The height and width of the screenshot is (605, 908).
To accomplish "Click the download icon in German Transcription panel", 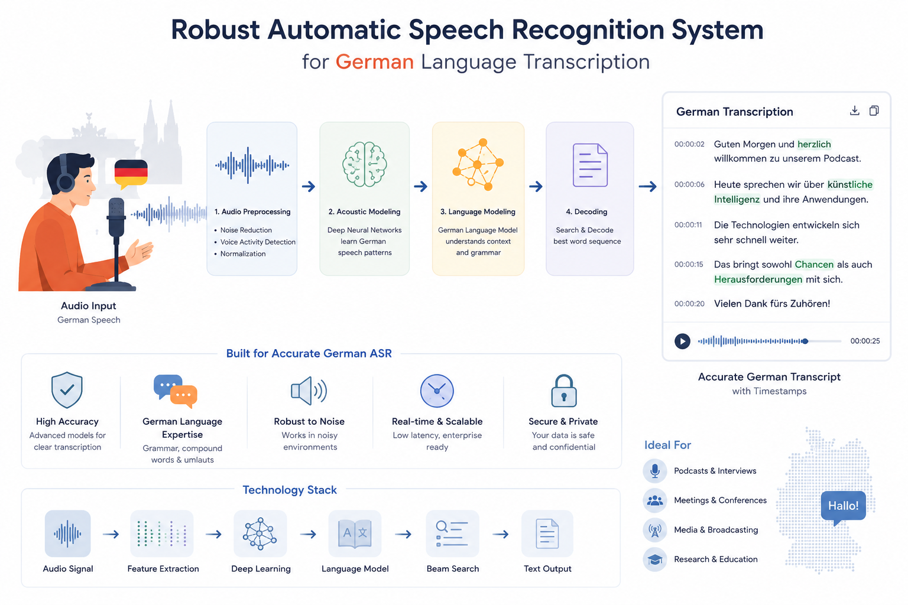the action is click(854, 110).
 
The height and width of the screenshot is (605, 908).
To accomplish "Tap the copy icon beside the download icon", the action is click(874, 110).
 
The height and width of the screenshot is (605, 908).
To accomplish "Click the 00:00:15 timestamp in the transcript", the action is click(689, 264).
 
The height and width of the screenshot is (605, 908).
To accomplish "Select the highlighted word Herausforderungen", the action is click(758, 279).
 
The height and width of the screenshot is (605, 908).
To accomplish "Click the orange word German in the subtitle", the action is click(375, 62).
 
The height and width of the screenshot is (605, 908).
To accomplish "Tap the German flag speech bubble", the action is click(131, 174).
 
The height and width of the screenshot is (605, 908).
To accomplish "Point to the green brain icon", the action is click(364, 164).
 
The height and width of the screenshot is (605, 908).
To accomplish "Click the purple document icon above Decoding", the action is click(590, 165).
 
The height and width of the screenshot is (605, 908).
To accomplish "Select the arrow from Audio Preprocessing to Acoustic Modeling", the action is click(309, 186).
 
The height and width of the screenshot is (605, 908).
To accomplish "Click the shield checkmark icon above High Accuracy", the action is click(67, 390).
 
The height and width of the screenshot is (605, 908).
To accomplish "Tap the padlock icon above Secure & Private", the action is click(563, 391).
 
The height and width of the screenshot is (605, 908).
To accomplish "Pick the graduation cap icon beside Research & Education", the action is click(654, 560).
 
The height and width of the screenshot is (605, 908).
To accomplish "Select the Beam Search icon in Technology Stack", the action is click(452, 534).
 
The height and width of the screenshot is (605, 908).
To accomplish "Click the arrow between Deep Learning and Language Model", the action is click(308, 534).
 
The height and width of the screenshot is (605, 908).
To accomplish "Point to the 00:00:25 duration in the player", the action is click(865, 341).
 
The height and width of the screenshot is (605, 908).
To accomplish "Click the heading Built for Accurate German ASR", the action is click(309, 353).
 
